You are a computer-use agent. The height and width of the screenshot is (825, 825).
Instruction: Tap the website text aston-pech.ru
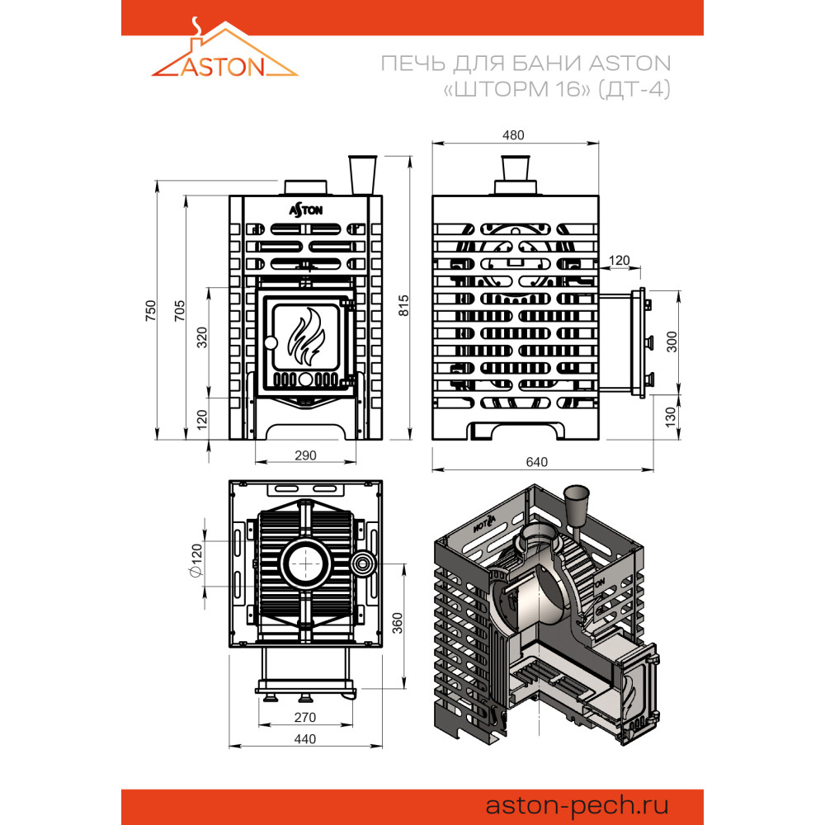(x=577, y=805)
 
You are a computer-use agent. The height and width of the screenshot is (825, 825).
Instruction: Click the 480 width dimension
(x=513, y=135)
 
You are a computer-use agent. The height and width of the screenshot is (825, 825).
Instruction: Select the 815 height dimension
(x=403, y=305)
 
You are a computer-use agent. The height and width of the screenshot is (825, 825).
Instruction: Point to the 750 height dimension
(x=151, y=310)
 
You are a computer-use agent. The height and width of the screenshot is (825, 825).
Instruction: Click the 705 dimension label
(x=180, y=310)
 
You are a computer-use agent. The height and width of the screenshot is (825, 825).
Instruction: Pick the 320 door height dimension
(x=202, y=337)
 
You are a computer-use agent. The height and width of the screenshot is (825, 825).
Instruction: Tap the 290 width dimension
(x=305, y=455)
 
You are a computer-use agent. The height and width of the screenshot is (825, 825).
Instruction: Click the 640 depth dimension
(x=537, y=462)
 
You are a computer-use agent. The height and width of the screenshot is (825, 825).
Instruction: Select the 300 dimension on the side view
(x=672, y=342)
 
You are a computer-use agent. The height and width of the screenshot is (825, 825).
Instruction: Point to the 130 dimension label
(x=670, y=417)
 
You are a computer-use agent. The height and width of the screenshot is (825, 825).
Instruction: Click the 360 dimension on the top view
(x=398, y=623)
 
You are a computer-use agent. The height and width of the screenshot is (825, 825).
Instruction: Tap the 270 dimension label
(x=305, y=717)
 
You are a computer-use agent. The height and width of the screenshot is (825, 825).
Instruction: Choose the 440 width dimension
(x=305, y=739)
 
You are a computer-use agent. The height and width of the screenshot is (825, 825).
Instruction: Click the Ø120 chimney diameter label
(x=196, y=560)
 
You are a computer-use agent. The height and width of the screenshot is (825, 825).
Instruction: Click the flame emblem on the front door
(x=307, y=337)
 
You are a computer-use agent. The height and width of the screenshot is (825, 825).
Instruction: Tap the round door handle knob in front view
(x=271, y=343)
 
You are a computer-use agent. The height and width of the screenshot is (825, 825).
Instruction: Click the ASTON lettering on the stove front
(x=306, y=210)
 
